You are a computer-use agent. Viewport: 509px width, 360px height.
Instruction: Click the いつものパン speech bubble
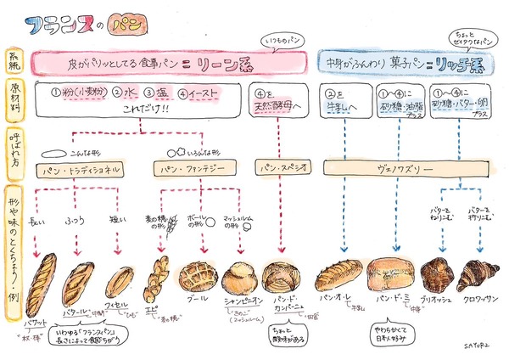tap(281, 41)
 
